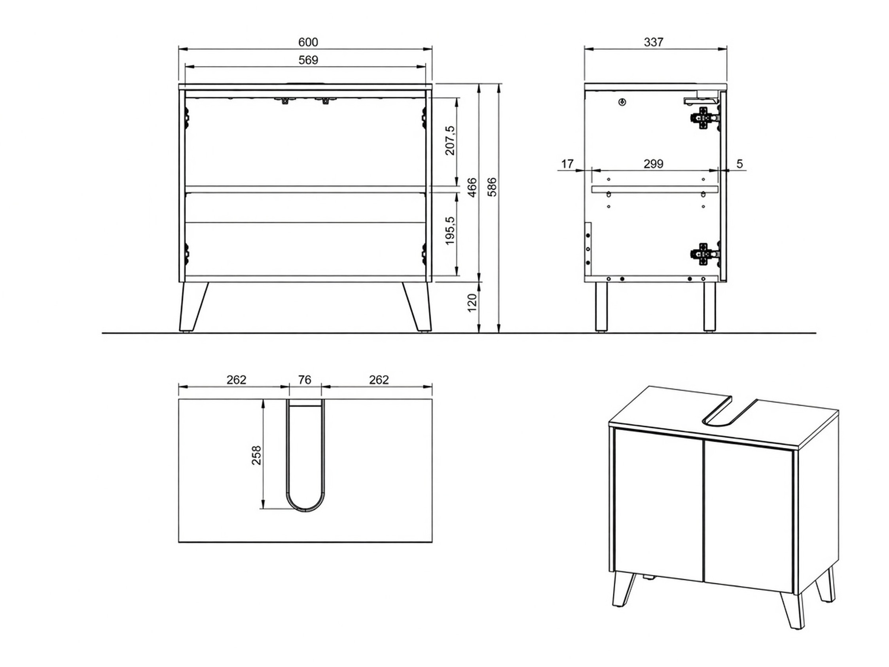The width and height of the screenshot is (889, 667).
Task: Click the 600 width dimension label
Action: click(x=308, y=42)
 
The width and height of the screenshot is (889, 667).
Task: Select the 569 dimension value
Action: click(x=308, y=60)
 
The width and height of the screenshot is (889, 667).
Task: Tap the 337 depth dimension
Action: click(x=654, y=42)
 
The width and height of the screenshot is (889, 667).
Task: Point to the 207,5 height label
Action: click(x=450, y=140)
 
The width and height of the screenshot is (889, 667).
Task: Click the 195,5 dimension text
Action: click(x=450, y=231)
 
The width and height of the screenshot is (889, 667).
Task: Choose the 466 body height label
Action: click(x=473, y=187)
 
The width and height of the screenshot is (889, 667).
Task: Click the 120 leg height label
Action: click(x=473, y=302)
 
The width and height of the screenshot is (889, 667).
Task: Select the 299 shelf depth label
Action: click(x=654, y=163)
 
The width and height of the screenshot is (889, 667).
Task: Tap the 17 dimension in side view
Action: click(x=567, y=163)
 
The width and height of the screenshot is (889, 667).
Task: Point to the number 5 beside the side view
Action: click(x=740, y=163)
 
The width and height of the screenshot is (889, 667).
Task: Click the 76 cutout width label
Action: click(x=305, y=380)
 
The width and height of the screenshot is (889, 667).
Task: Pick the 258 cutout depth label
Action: click(x=256, y=455)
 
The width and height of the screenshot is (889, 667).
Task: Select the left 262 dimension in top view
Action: click(x=236, y=380)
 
